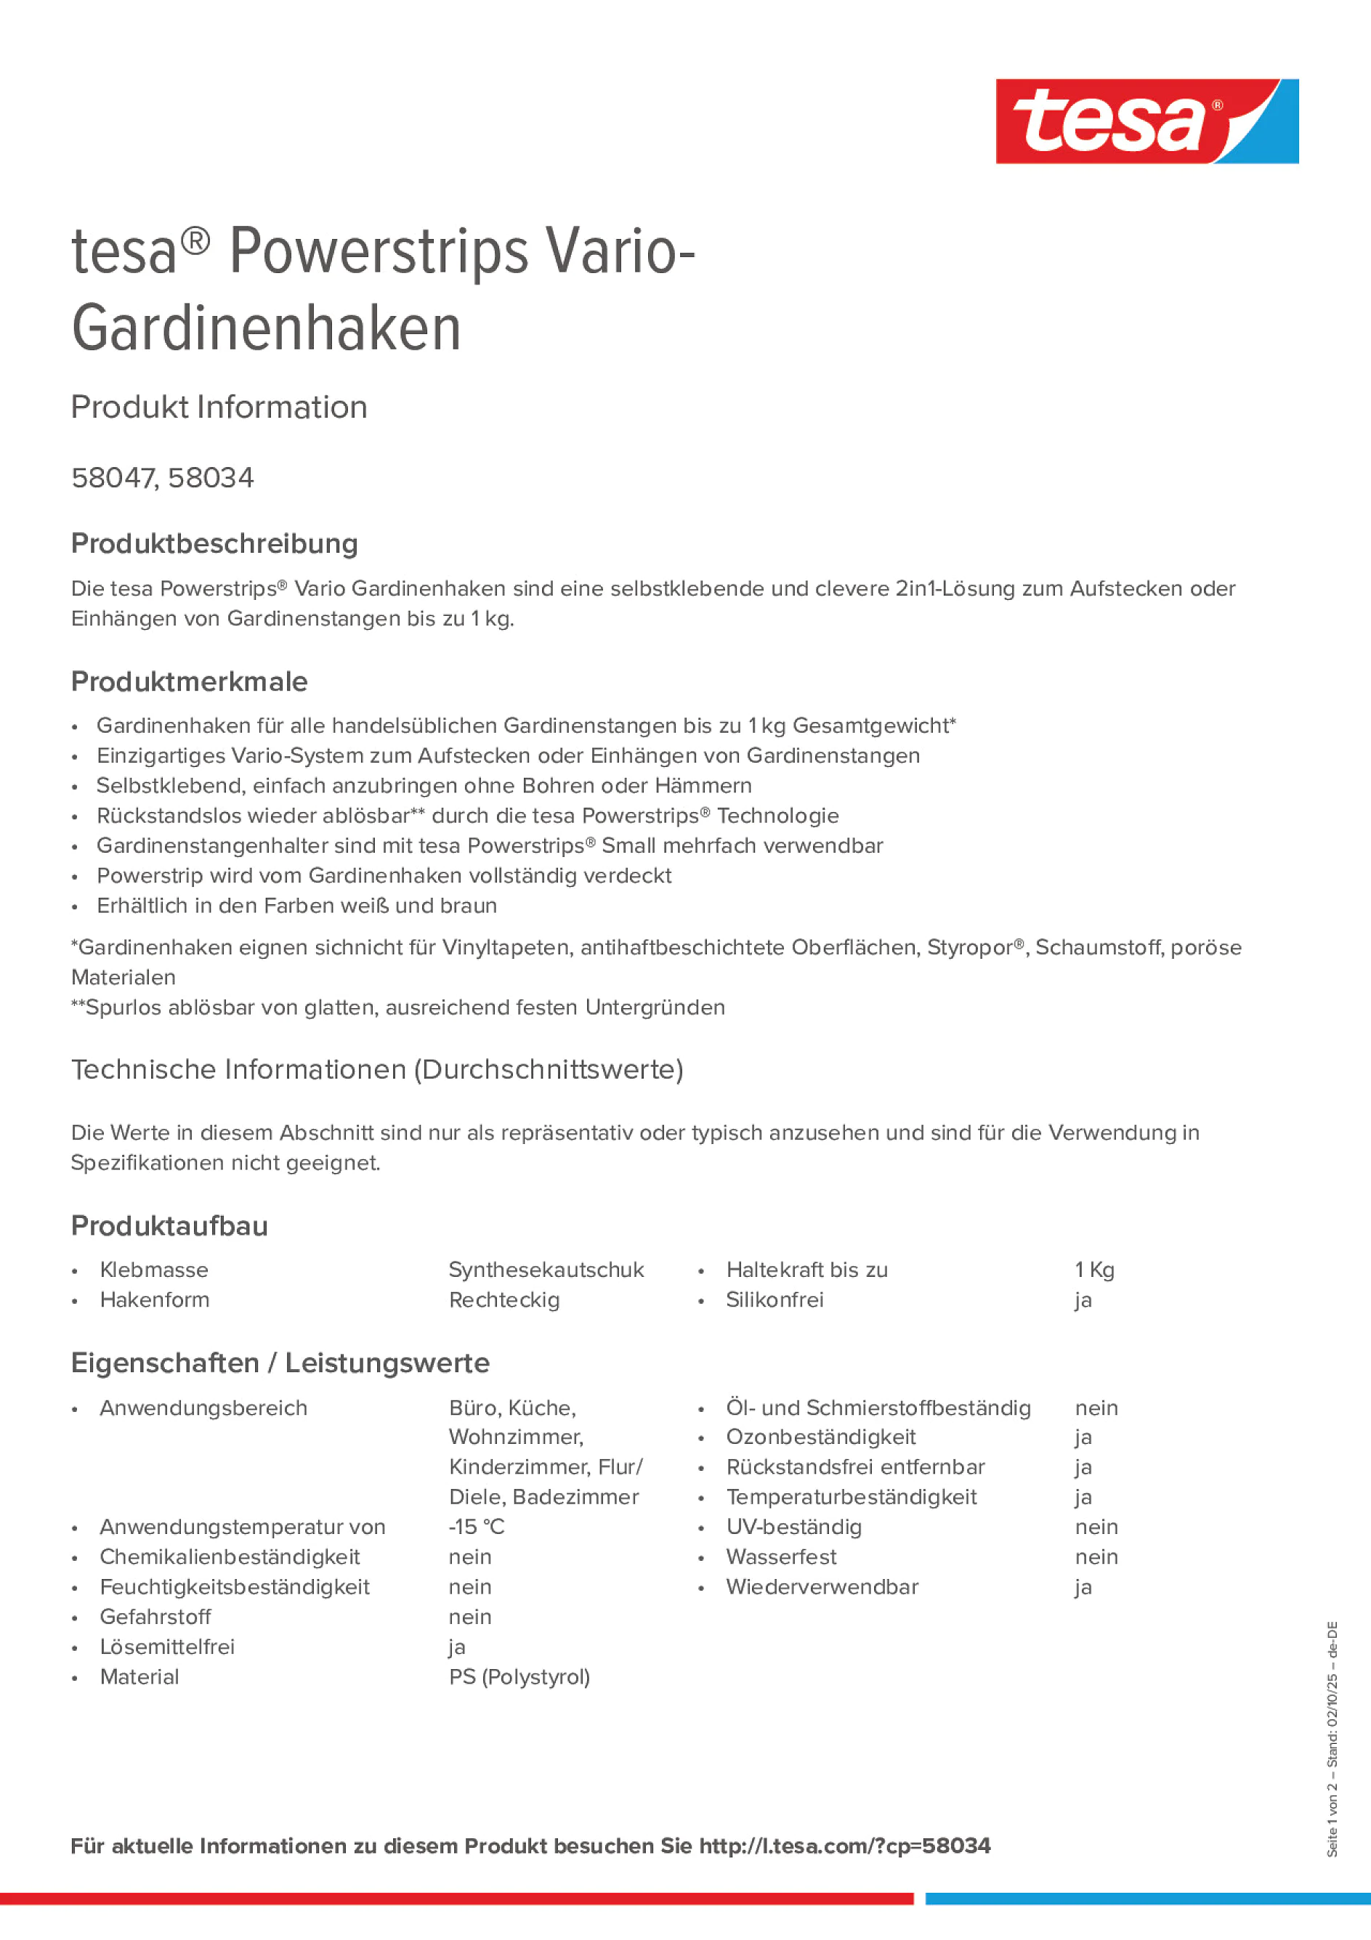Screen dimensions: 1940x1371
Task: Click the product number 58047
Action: click(x=113, y=478)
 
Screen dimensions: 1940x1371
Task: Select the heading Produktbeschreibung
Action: click(x=214, y=543)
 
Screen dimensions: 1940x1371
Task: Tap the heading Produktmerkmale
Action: click(x=190, y=682)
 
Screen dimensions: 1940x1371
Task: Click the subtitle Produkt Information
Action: click(x=219, y=407)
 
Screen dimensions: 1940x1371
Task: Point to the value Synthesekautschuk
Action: click(x=546, y=1270)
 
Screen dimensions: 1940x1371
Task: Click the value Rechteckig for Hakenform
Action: click(x=503, y=1299)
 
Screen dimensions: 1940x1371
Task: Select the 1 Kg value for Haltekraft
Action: click(x=1095, y=1270)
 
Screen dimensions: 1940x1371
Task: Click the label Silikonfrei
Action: click(x=775, y=1299)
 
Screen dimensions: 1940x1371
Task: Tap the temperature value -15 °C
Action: click(x=477, y=1527)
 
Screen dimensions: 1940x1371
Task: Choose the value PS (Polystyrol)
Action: click(x=519, y=1676)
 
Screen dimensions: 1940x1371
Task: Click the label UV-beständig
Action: click(x=793, y=1527)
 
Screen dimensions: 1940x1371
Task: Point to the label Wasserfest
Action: click(x=781, y=1557)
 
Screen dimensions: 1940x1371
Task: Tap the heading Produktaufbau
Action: click(x=169, y=1226)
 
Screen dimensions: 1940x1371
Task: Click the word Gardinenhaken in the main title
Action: click(x=266, y=330)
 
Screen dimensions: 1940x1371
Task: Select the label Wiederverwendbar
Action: click(x=822, y=1587)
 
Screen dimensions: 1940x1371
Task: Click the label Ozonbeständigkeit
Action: click(x=821, y=1437)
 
